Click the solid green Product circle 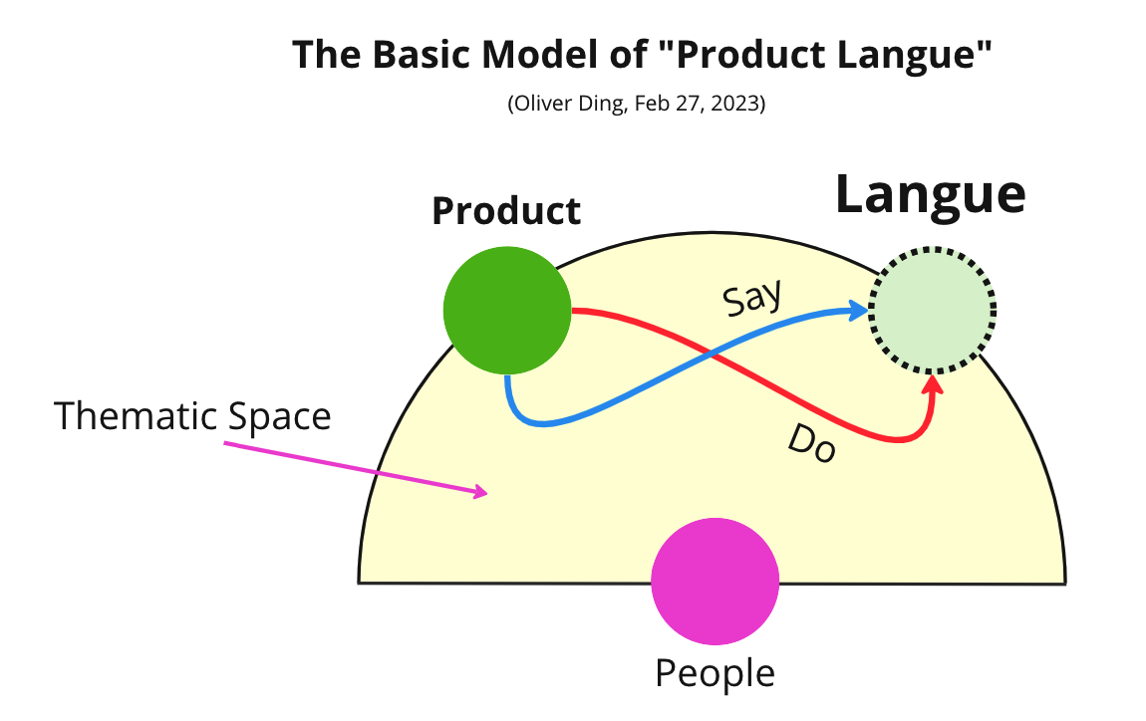pos(507,311)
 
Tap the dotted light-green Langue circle pos(932,309)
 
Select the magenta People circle pos(715,583)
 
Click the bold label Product pos(506,211)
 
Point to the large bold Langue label pos(931,194)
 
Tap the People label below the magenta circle pos(715,673)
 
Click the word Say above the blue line pos(752,297)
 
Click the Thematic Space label pos(192,415)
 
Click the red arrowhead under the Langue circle pos(933,384)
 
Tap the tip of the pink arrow pos(484,492)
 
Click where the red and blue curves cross pos(710,353)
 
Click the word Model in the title pos(552,56)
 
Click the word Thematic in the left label pos(138,415)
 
